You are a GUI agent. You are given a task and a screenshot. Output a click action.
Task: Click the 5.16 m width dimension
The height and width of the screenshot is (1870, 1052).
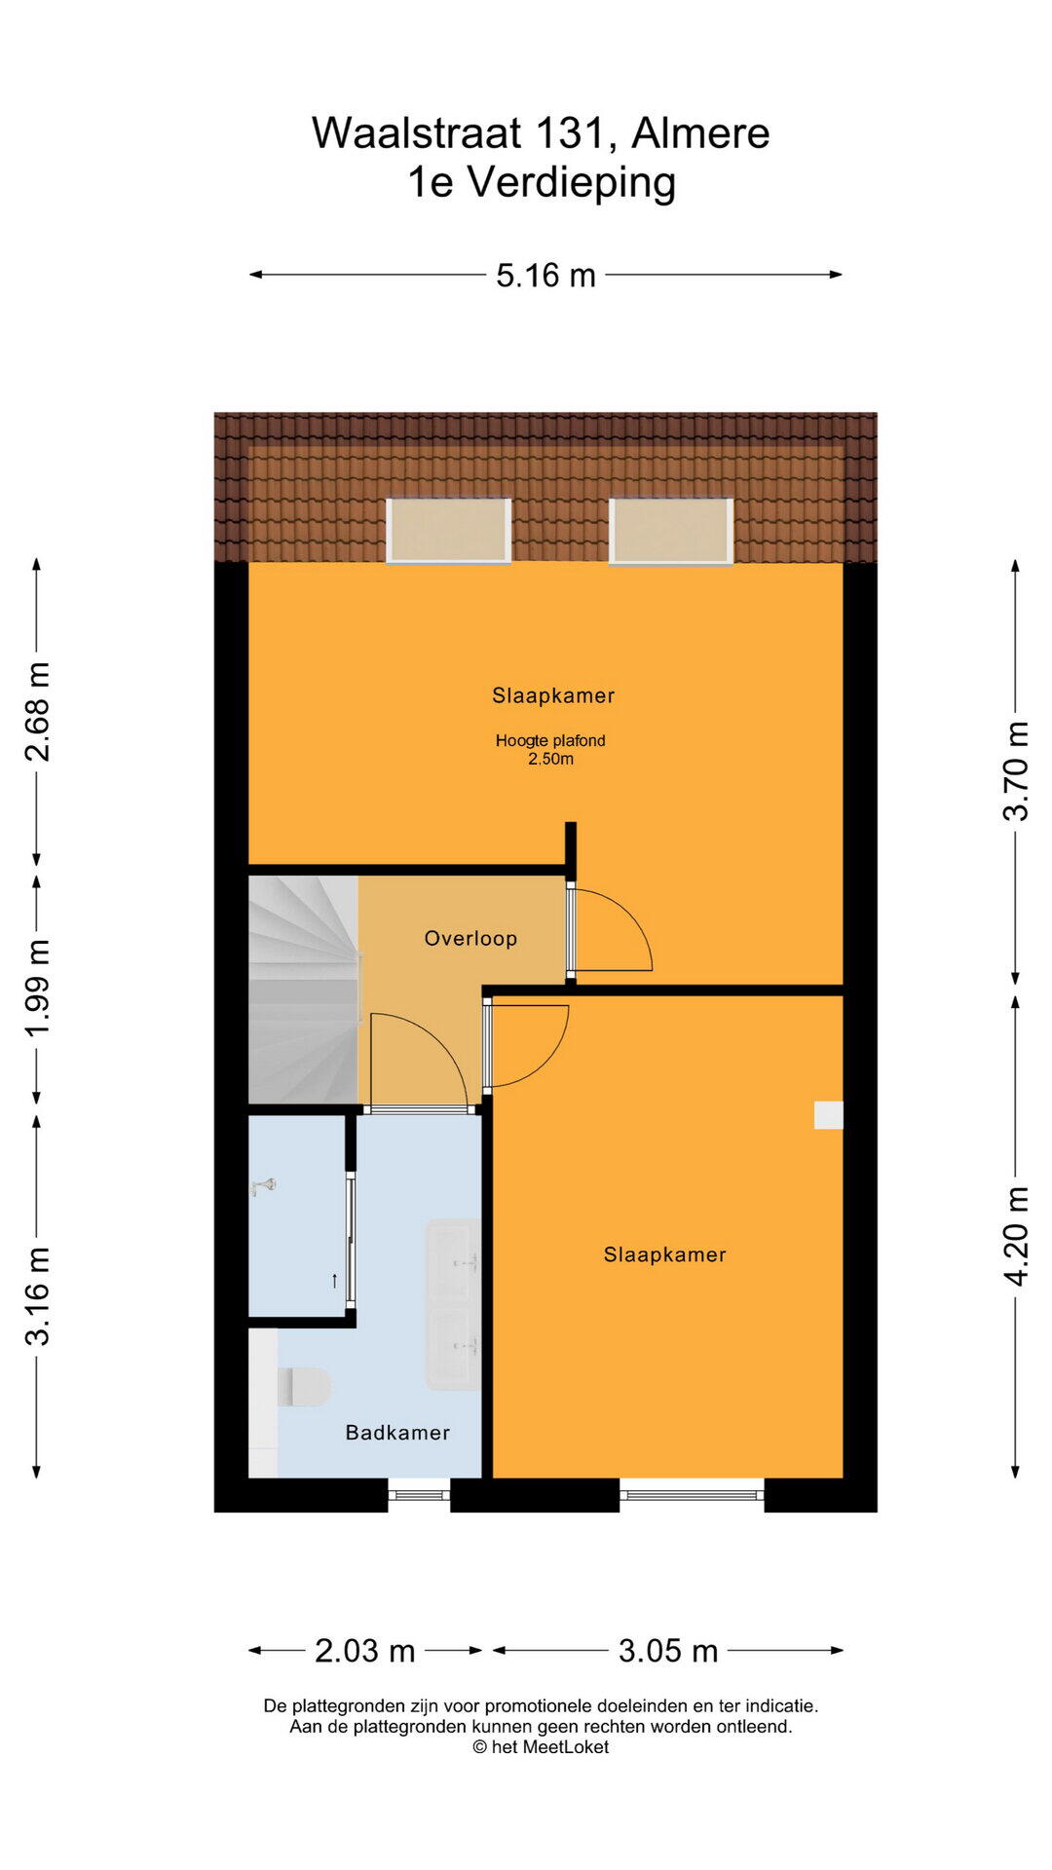(545, 276)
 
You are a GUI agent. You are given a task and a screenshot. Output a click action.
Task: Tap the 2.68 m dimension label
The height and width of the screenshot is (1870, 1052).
(37, 711)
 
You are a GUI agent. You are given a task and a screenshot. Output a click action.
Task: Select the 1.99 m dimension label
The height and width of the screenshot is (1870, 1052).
(37, 989)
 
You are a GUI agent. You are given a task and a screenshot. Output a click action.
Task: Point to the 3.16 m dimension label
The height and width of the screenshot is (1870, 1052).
(37, 1296)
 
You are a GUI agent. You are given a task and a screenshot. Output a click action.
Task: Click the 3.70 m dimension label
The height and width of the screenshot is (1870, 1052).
(1016, 771)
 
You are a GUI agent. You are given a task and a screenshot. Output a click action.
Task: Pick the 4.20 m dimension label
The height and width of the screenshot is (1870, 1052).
(1016, 1237)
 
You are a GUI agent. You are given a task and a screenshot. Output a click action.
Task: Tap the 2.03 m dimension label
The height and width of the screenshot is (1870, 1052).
(365, 1651)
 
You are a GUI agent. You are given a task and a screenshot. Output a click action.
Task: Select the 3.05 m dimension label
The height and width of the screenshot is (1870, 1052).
(668, 1651)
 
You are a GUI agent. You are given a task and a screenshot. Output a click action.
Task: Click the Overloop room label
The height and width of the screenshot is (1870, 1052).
(470, 939)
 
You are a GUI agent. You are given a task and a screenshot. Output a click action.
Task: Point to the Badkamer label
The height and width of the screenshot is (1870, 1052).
(397, 1433)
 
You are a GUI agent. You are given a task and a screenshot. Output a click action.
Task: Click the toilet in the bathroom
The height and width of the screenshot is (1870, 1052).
(304, 1388)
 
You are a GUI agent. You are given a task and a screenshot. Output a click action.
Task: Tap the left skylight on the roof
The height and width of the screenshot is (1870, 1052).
(449, 531)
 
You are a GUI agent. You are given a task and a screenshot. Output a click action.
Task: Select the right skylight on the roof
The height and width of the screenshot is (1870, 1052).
(671, 531)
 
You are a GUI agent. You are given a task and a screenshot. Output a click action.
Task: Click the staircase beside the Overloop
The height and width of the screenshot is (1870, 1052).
(303, 990)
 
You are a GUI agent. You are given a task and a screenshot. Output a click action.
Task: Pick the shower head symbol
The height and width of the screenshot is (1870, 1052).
(264, 1186)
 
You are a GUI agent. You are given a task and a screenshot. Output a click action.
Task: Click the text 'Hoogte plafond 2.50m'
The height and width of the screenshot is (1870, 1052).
(550, 750)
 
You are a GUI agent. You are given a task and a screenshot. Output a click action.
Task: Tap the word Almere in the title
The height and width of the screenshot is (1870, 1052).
(700, 133)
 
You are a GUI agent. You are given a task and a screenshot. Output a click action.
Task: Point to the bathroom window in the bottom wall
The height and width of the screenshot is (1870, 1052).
(419, 1495)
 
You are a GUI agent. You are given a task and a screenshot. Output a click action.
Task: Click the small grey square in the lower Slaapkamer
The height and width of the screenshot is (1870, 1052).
(829, 1115)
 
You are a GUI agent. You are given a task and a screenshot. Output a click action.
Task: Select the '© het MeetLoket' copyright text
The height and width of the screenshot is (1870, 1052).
(541, 1747)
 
